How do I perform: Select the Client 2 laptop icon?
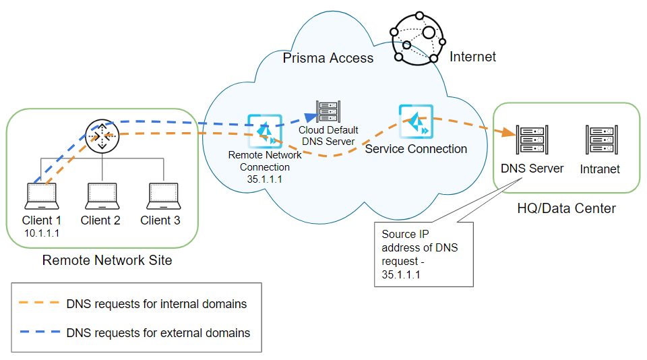coord(102,196)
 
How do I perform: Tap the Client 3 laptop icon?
coord(162,196)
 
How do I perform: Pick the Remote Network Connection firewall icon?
coord(264,131)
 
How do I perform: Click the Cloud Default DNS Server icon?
coord(328,111)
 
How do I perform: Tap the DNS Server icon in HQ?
coord(532,140)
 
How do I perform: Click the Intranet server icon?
coord(600,140)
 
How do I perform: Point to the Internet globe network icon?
coord(417,38)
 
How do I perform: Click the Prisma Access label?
coord(328,58)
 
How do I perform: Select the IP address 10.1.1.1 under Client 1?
coord(42,233)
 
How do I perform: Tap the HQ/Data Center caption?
coord(566,208)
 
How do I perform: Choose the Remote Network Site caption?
coord(107,260)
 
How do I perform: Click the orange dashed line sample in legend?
coord(39,304)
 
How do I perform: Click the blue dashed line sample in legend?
coord(39,332)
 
